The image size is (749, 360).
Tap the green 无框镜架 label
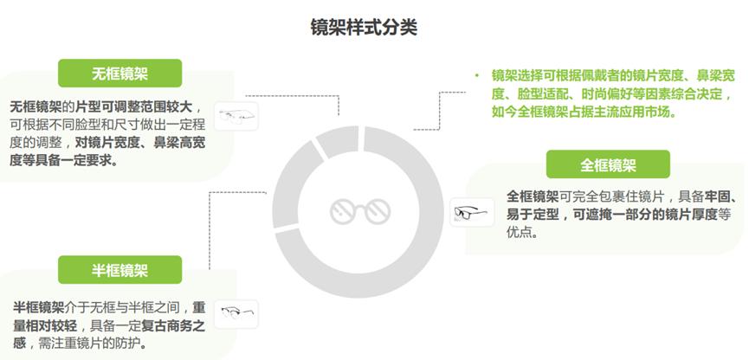[120, 73]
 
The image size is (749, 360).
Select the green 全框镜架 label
[608, 164]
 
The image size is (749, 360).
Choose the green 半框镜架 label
[120, 270]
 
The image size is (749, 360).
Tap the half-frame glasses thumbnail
[237, 312]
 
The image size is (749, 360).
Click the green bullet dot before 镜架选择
[475, 75]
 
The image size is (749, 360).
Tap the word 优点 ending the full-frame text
[522, 232]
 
